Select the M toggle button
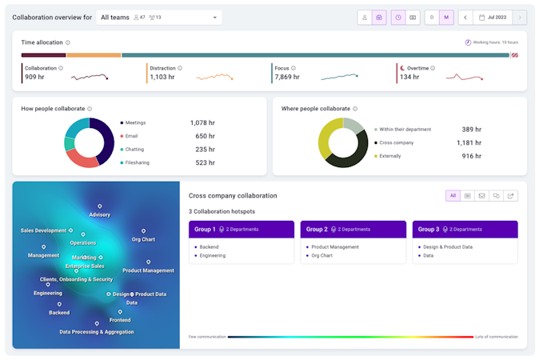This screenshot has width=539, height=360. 446,17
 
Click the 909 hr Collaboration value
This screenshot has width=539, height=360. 35,77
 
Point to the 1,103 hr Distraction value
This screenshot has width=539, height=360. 162,77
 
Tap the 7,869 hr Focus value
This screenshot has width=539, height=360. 289,77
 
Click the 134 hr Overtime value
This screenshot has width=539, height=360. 410,77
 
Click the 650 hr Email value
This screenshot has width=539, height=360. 206,137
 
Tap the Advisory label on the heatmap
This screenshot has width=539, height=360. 100,214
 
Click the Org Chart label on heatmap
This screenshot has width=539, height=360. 143,239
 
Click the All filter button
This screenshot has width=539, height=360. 453,195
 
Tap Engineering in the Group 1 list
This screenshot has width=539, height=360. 213,255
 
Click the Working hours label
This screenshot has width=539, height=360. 495,42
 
